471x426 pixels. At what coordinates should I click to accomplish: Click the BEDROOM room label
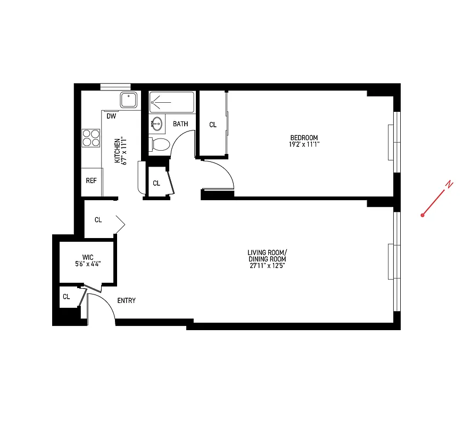click(304, 137)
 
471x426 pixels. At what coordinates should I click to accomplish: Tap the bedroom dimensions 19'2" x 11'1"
click(304, 144)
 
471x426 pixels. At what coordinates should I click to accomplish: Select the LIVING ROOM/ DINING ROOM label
click(267, 256)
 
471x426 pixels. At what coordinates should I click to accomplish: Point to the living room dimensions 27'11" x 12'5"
click(267, 266)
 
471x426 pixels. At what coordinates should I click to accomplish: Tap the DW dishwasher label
click(111, 116)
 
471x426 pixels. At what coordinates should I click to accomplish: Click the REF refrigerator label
click(92, 181)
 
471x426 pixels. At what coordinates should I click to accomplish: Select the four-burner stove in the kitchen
click(92, 138)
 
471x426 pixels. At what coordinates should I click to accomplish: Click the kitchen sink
click(129, 100)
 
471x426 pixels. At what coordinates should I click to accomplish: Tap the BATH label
click(180, 124)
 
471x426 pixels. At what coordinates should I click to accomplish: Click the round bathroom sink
click(157, 124)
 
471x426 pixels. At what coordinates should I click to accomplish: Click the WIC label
click(88, 256)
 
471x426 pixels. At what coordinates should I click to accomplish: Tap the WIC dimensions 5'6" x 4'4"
click(88, 263)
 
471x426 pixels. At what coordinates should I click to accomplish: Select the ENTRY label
click(126, 300)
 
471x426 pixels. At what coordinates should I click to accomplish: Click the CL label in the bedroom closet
click(213, 125)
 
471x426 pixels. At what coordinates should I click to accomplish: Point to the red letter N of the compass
click(450, 184)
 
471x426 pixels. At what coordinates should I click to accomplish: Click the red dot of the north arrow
click(422, 215)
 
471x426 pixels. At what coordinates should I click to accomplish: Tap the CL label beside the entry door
click(66, 297)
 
